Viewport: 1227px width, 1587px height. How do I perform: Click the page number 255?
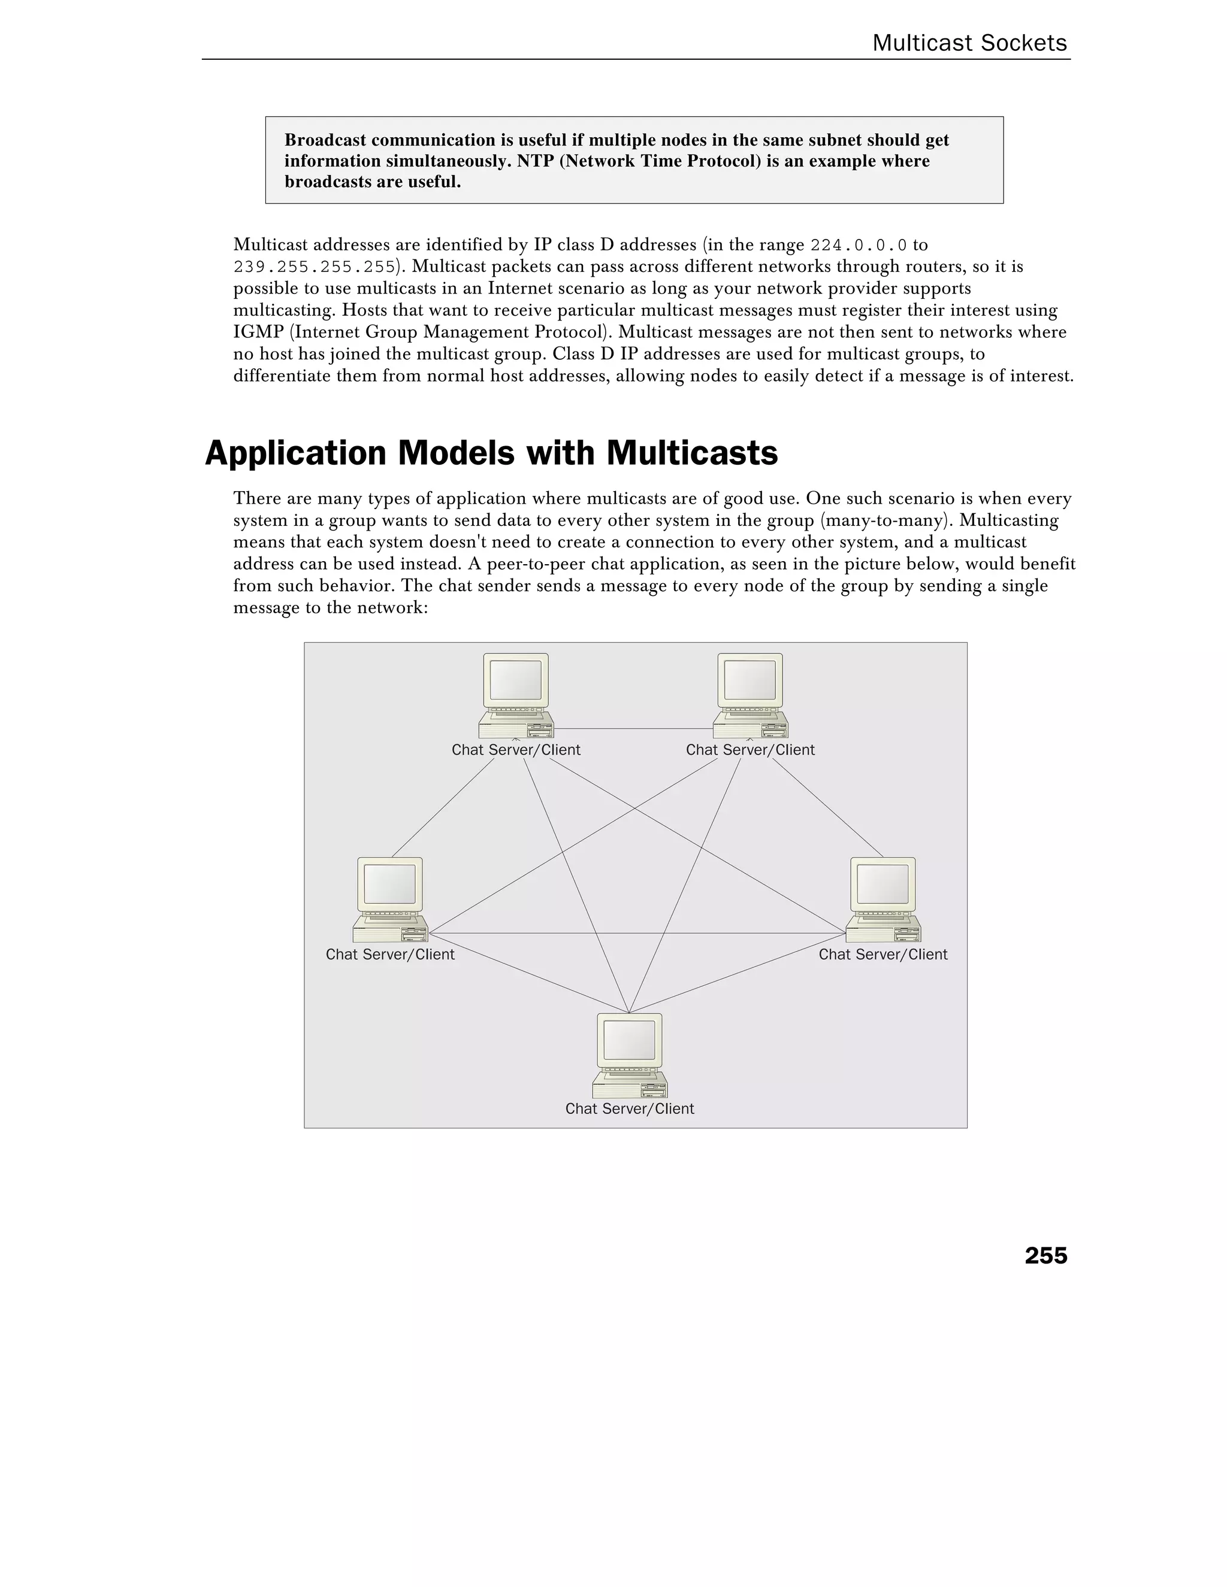1045,1256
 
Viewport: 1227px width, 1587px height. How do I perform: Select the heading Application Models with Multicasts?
491,453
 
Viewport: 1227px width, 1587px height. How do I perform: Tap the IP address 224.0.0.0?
858,246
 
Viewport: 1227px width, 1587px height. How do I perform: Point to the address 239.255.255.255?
314,268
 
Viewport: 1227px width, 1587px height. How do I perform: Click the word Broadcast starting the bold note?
327,140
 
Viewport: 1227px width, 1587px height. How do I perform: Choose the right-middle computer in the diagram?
883,899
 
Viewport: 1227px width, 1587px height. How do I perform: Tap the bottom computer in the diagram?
630,1055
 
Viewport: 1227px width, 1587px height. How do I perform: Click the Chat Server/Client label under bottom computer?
630,1108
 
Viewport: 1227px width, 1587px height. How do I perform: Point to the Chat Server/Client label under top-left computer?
516,750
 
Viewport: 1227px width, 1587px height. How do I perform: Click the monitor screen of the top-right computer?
750,680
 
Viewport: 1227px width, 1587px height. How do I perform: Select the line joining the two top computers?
633,729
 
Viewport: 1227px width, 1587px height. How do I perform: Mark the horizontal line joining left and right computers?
636,933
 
